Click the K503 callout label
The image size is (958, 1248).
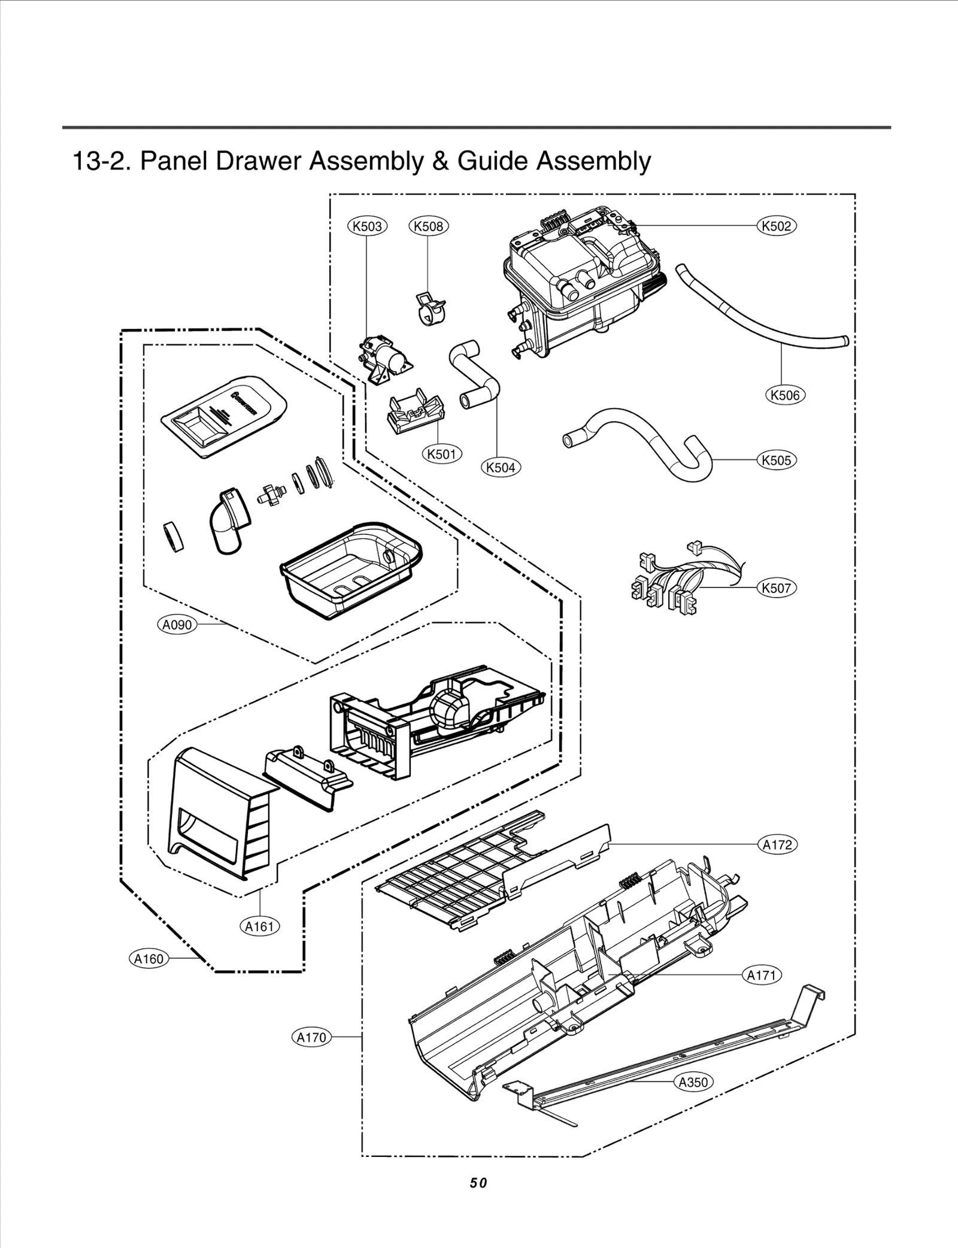(x=368, y=226)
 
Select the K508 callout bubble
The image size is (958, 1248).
(x=429, y=226)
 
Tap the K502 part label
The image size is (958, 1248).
(x=777, y=226)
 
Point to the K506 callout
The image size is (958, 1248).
(x=785, y=395)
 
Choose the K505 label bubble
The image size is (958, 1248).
(x=777, y=461)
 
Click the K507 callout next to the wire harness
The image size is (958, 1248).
(x=777, y=588)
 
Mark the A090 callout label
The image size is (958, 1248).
(x=177, y=625)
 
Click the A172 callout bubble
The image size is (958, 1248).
(x=777, y=845)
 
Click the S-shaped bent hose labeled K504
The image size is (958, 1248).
(x=473, y=374)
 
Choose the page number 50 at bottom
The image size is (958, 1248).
(x=478, y=1183)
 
